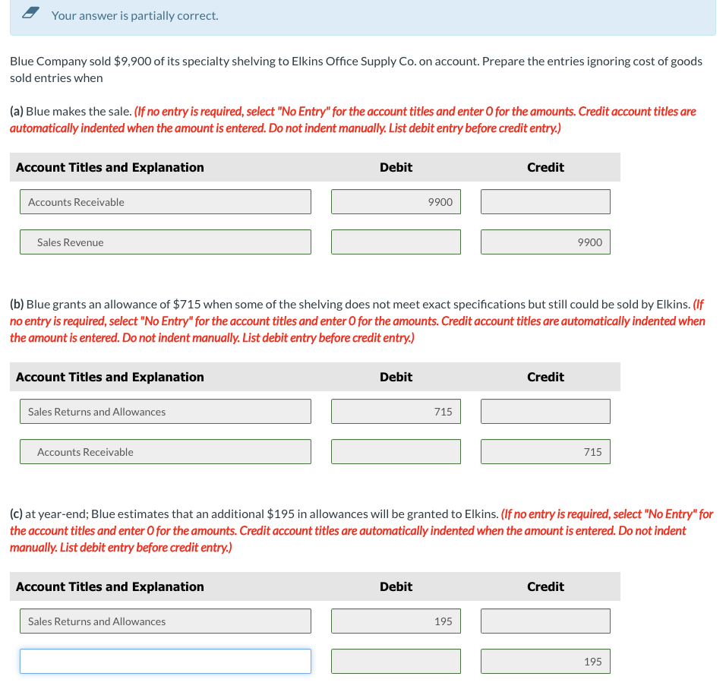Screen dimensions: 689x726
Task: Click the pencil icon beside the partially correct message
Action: click(30, 14)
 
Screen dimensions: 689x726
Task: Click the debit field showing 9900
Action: click(396, 202)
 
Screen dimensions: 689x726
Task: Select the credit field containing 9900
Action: click(545, 242)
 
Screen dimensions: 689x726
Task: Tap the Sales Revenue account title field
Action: click(166, 242)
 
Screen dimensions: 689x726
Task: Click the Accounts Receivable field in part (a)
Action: click(166, 202)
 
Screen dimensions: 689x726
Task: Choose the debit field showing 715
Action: click(396, 412)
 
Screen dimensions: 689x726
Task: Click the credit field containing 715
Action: click(545, 452)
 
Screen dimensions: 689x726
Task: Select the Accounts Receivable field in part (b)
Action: click(166, 452)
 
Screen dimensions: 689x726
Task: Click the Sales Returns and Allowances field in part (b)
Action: click(166, 412)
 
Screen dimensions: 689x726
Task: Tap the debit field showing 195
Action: click(396, 621)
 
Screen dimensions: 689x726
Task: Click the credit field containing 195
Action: click(545, 662)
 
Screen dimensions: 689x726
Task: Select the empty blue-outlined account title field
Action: click(166, 662)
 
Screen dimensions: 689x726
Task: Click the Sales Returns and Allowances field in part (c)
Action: click(166, 621)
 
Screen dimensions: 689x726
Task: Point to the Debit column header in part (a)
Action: click(396, 167)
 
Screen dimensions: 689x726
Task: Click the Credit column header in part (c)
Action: click(545, 586)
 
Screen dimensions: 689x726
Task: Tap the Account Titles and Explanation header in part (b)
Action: click(110, 377)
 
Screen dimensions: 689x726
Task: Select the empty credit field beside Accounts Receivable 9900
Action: click(545, 202)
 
